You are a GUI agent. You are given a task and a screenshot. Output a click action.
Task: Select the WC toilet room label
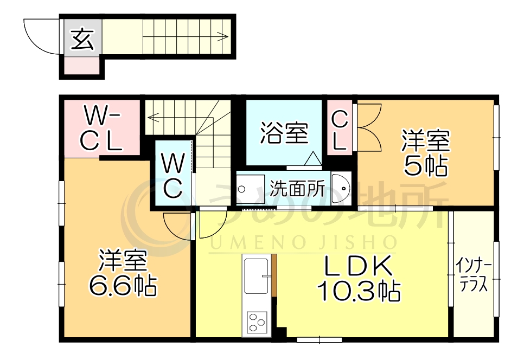tap(172, 175)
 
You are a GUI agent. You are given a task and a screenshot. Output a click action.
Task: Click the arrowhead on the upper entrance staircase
tap(223, 37)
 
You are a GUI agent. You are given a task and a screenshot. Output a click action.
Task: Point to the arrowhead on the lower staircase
tap(151, 115)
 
